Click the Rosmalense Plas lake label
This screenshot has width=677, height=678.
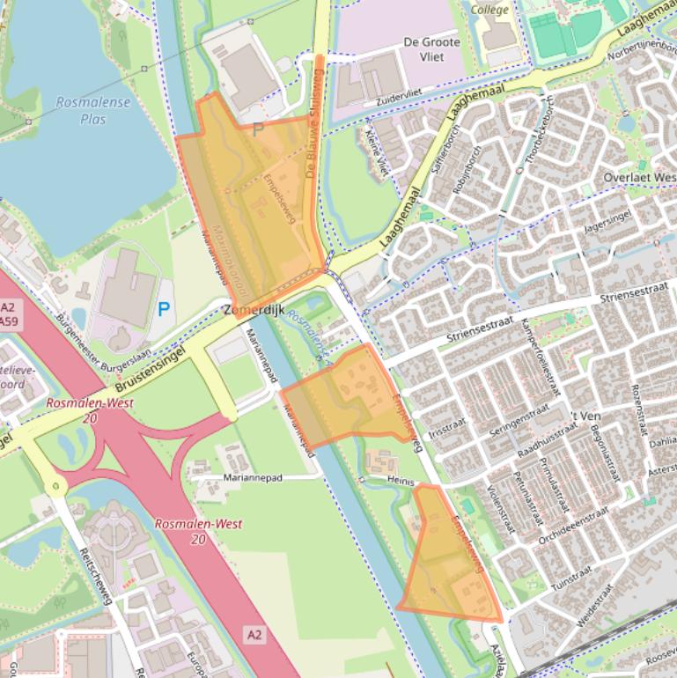coord(92,110)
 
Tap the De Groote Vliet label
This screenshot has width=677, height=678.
coord(431,49)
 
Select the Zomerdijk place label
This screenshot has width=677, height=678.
coord(253,311)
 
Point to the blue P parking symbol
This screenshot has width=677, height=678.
coord(164,309)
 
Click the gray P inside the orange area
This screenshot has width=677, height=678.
coord(258,130)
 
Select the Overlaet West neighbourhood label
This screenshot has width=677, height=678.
coord(640,177)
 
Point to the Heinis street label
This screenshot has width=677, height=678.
coord(401,480)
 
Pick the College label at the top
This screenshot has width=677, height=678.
coord(489,10)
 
